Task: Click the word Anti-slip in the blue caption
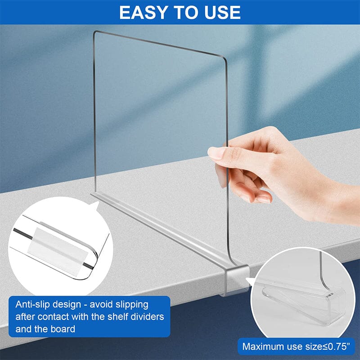coord(32,304)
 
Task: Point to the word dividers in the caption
coord(143,317)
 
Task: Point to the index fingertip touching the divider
coord(215,153)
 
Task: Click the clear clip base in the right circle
coord(306,306)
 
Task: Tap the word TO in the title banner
coord(186,12)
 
